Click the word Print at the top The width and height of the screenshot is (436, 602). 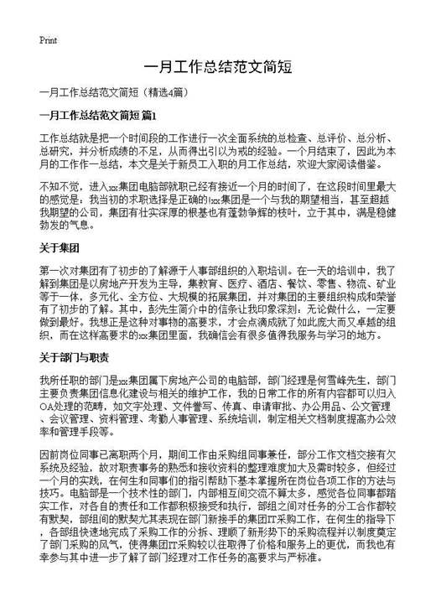(x=48, y=39)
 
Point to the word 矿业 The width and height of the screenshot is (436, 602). (x=384, y=285)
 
